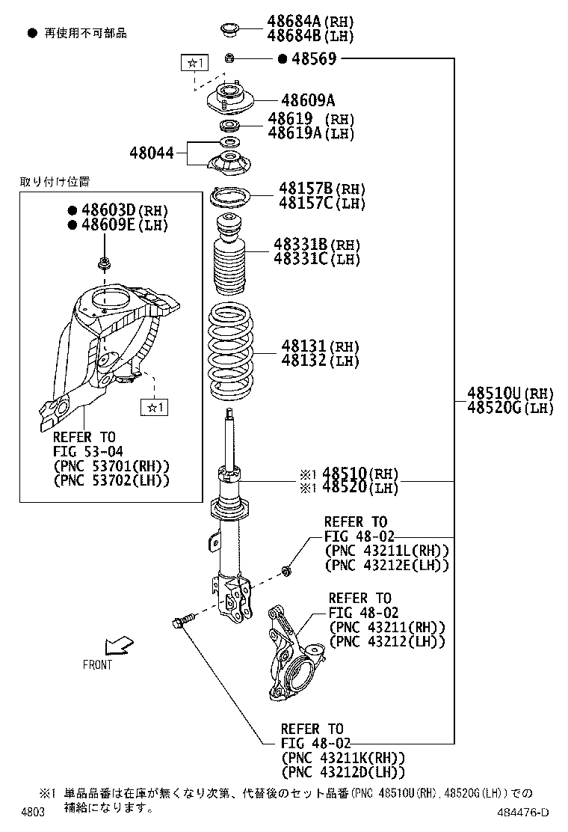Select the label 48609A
click(307, 100)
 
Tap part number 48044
click(152, 153)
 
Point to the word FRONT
click(97, 664)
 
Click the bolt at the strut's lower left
click(182, 620)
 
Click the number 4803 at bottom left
click(33, 813)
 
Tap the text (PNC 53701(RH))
click(111, 465)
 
